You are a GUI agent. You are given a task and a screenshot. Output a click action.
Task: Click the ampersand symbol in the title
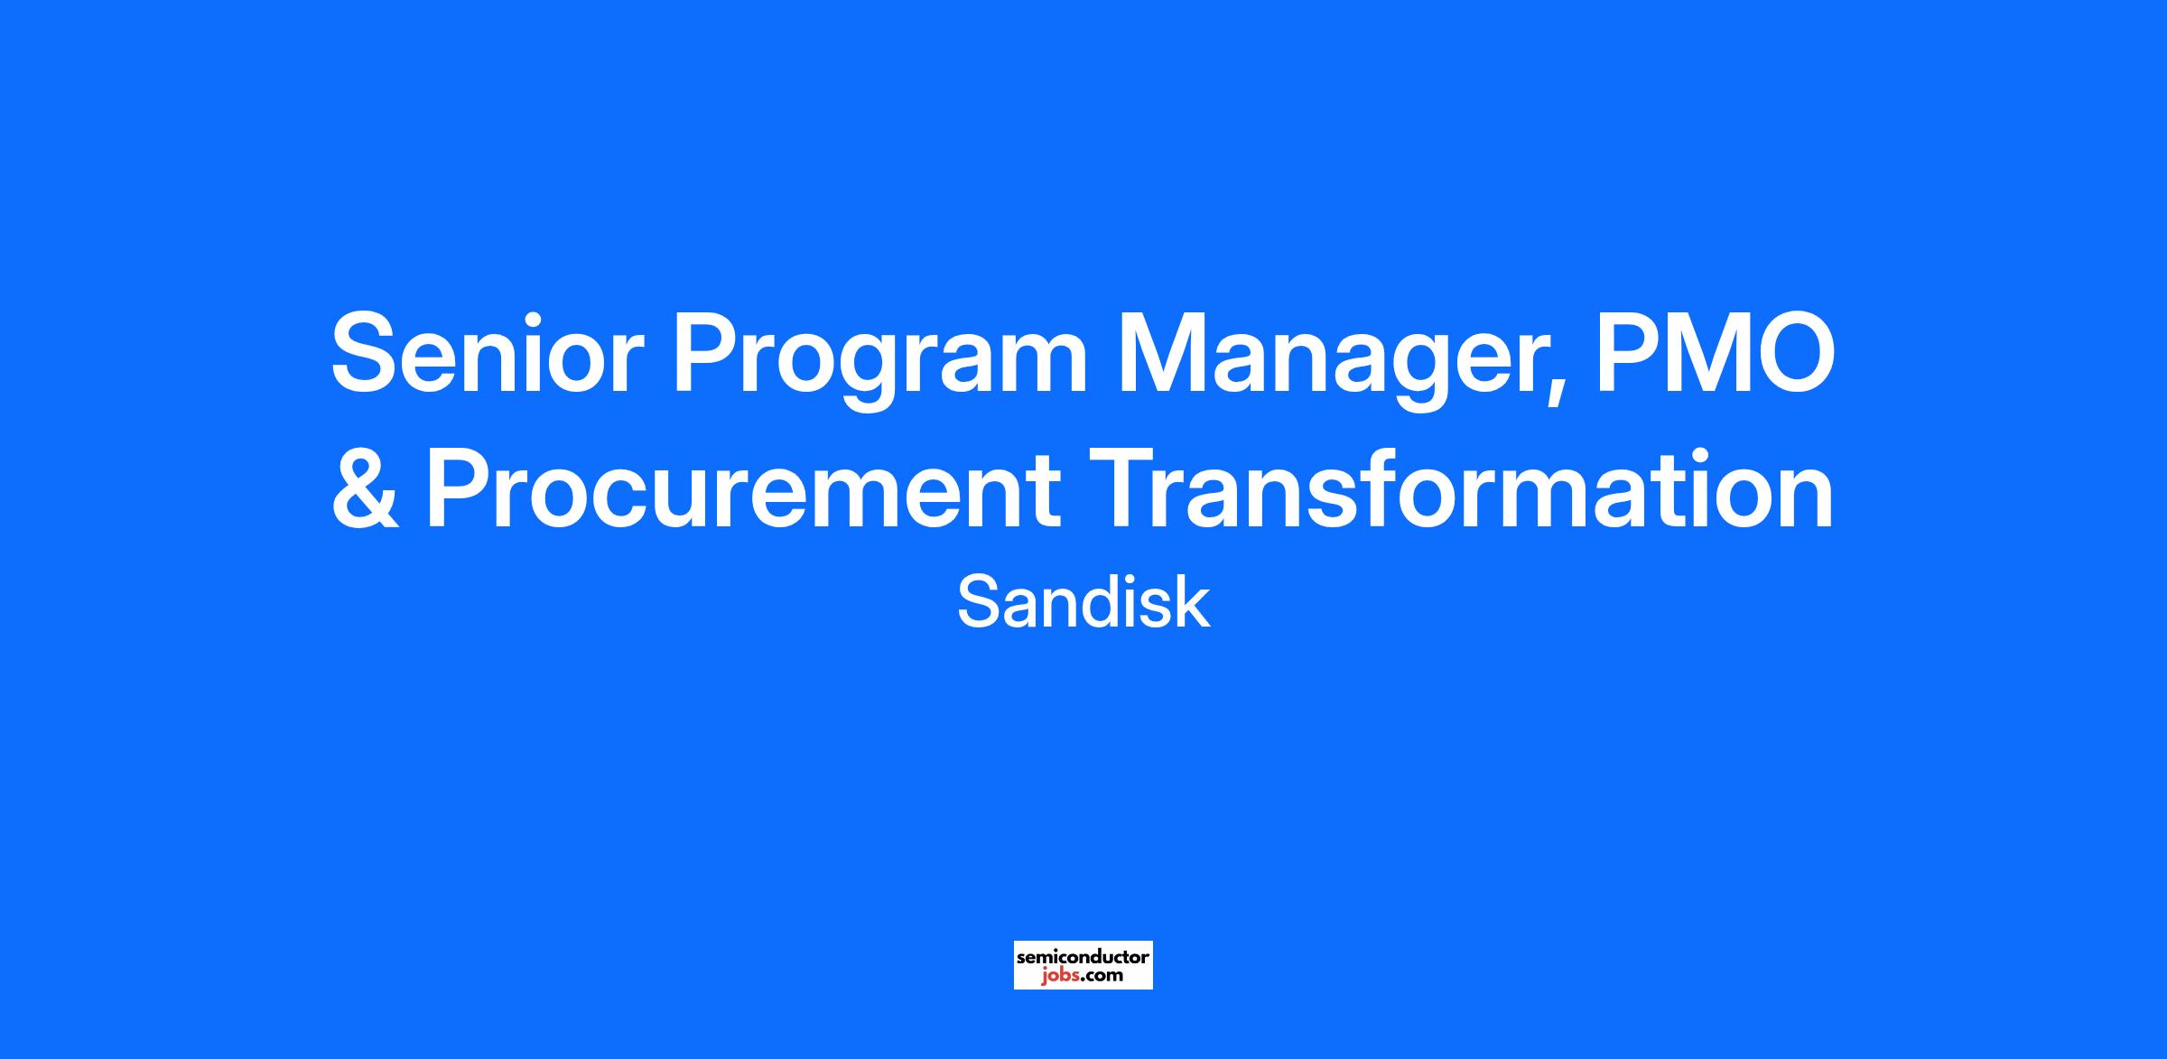click(x=366, y=488)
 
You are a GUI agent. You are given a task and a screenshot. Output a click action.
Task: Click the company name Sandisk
click(x=1083, y=603)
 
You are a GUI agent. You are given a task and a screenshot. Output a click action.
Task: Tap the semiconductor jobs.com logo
click(x=1083, y=965)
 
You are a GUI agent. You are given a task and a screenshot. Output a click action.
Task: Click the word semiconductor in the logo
click(x=1083, y=956)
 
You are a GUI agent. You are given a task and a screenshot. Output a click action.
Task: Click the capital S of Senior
click(x=367, y=353)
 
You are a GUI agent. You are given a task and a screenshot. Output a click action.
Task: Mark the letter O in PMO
click(x=1792, y=353)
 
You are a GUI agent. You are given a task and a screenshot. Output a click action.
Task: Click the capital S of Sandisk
click(x=979, y=603)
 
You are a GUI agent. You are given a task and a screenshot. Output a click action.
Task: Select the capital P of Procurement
click(x=460, y=488)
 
